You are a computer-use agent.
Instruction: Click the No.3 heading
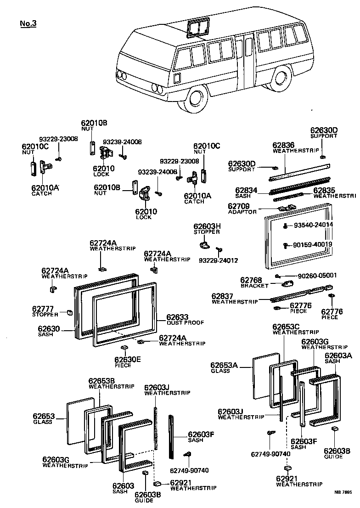coord(28,23)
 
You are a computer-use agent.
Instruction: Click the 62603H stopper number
coord(207,226)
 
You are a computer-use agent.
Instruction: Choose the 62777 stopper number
coord(43,308)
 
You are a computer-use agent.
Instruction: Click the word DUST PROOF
coord(179,322)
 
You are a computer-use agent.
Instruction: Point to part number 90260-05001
coord(317,276)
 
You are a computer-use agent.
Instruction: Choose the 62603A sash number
coord(338,355)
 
